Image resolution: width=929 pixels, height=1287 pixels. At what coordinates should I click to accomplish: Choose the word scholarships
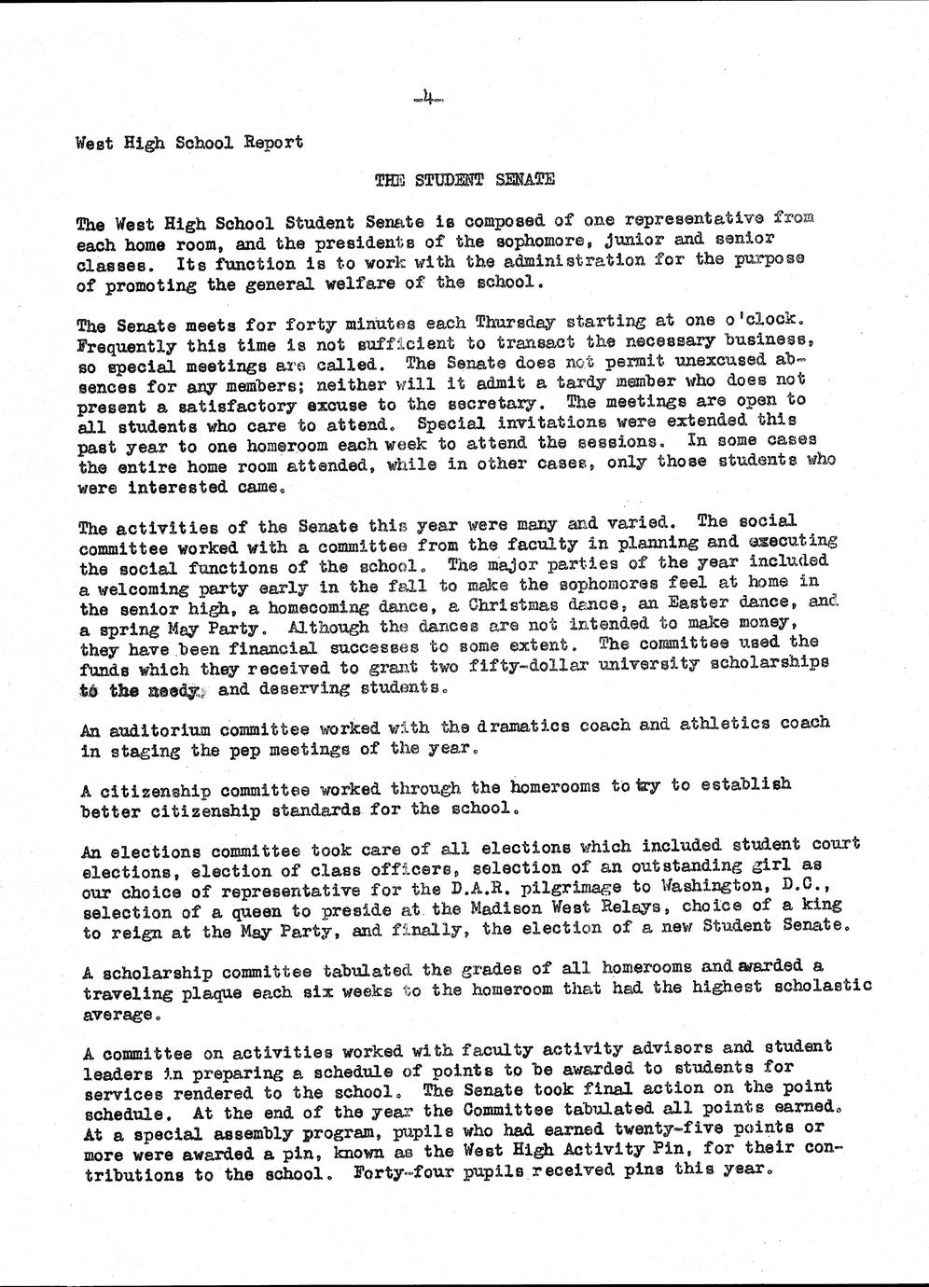click(769, 663)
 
